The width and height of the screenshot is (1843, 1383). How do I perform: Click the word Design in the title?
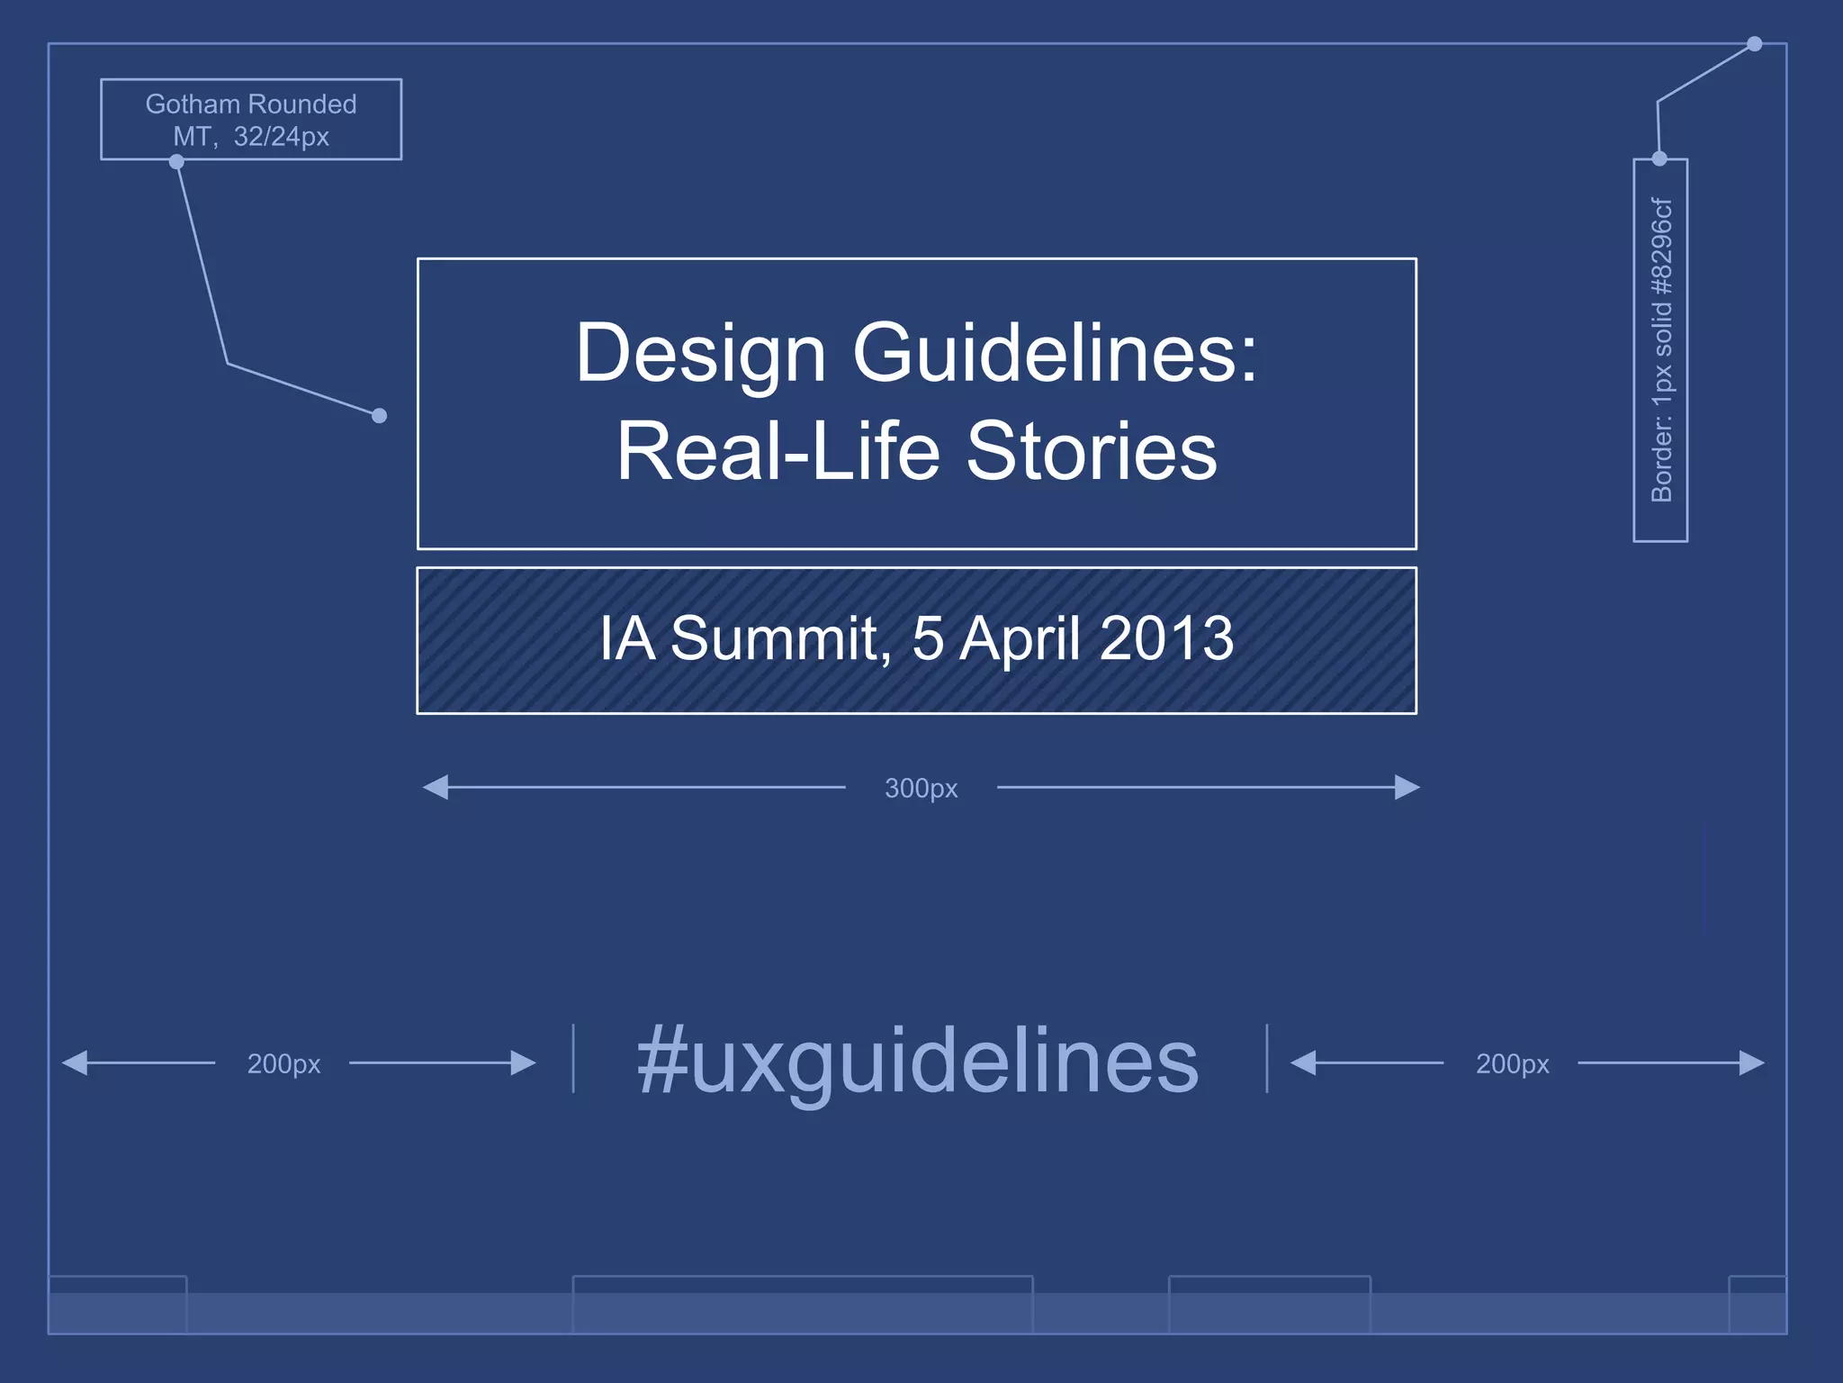pyautogui.click(x=700, y=354)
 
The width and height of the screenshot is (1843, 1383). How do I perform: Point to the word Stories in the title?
pyautogui.click(x=1091, y=451)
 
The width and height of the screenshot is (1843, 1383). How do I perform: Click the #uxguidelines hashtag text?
pyautogui.click(x=918, y=1062)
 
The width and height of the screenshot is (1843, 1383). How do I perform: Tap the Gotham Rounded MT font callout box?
pyautogui.click(x=251, y=120)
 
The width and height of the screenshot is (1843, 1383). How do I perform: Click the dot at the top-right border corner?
pyautogui.click(x=1754, y=44)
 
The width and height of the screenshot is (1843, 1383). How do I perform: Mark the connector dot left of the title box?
pyautogui.click(x=380, y=415)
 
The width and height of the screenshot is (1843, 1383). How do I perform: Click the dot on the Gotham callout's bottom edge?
pyautogui.click(x=177, y=162)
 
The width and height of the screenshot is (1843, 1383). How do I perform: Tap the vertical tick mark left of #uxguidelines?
pyautogui.click(x=573, y=1058)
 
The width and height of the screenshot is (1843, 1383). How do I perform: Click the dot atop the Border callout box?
pyautogui.click(x=1659, y=159)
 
